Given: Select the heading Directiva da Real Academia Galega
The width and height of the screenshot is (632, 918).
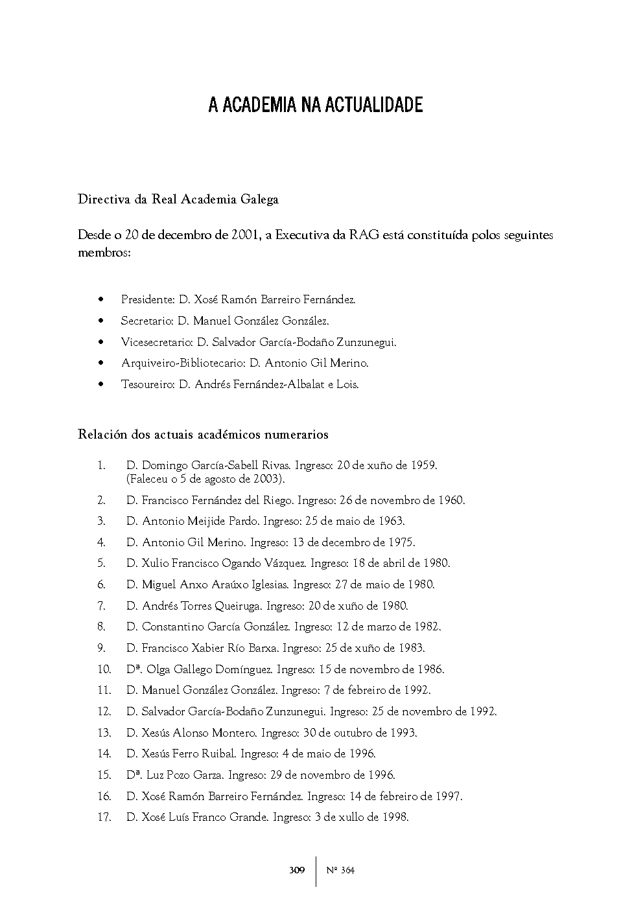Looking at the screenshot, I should pos(178,200).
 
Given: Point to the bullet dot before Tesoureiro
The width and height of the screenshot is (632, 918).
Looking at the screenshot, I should pos(100,384).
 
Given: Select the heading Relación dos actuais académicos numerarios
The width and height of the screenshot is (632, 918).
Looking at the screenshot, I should pos(203,435).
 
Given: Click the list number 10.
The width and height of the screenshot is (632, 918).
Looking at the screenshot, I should pos(104,669).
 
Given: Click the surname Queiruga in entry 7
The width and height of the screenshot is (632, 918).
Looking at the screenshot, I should pos(237,606).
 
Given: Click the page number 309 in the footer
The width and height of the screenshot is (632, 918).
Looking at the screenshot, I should pos(297,870).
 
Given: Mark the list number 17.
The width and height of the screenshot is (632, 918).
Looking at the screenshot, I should pos(104,817).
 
